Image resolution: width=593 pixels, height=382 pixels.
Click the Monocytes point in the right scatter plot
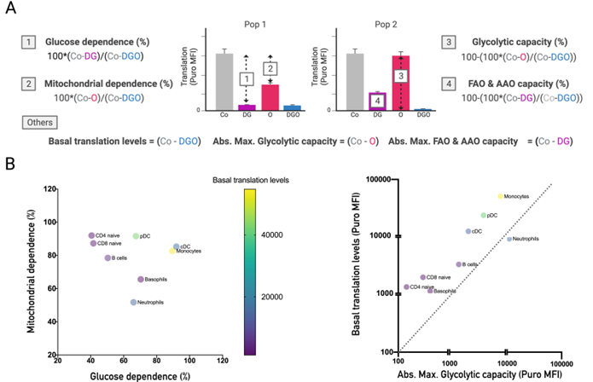501,196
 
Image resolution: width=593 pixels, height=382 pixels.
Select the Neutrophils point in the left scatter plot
133,302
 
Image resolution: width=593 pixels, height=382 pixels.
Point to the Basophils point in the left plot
141,279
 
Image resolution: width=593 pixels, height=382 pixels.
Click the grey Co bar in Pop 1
224,82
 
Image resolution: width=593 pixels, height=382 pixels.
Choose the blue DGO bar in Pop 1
293,107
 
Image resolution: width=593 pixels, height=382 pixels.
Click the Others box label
37,123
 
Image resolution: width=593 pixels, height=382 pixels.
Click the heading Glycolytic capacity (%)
513,42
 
